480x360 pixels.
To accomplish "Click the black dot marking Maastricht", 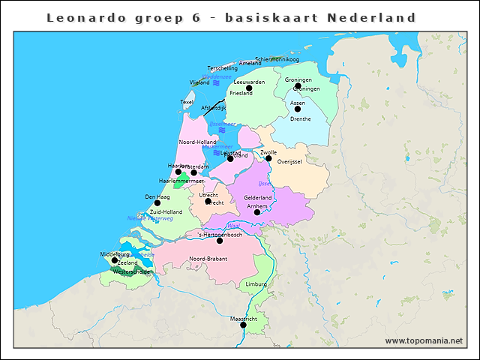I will (x=243, y=325).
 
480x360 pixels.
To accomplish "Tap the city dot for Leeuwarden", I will (x=249, y=88).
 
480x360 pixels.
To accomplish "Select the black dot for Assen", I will (x=298, y=109).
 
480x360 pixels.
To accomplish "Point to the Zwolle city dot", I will (x=268, y=158).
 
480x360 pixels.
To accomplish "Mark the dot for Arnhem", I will (x=257, y=212).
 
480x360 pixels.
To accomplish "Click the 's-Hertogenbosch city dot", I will (x=220, y=241).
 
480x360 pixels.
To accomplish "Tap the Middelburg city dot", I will (x=115, y=260).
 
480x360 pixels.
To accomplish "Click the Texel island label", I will (x=187, y=102).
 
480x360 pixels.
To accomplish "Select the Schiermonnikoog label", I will (x=277, y=58).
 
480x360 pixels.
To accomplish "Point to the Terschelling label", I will (x=222, y=68).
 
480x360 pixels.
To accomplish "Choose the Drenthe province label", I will (x=300, y=118).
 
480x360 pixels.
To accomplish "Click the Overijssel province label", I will (x=289, y=161).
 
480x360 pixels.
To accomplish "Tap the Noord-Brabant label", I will (x=208, y=258).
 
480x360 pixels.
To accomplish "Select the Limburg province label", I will (x=256, y=284).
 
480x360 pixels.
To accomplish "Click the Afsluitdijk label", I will (x=214, y=108).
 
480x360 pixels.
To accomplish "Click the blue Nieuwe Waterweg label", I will (x=150, y=218).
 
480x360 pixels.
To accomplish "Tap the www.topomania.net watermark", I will (x=424, y=340).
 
